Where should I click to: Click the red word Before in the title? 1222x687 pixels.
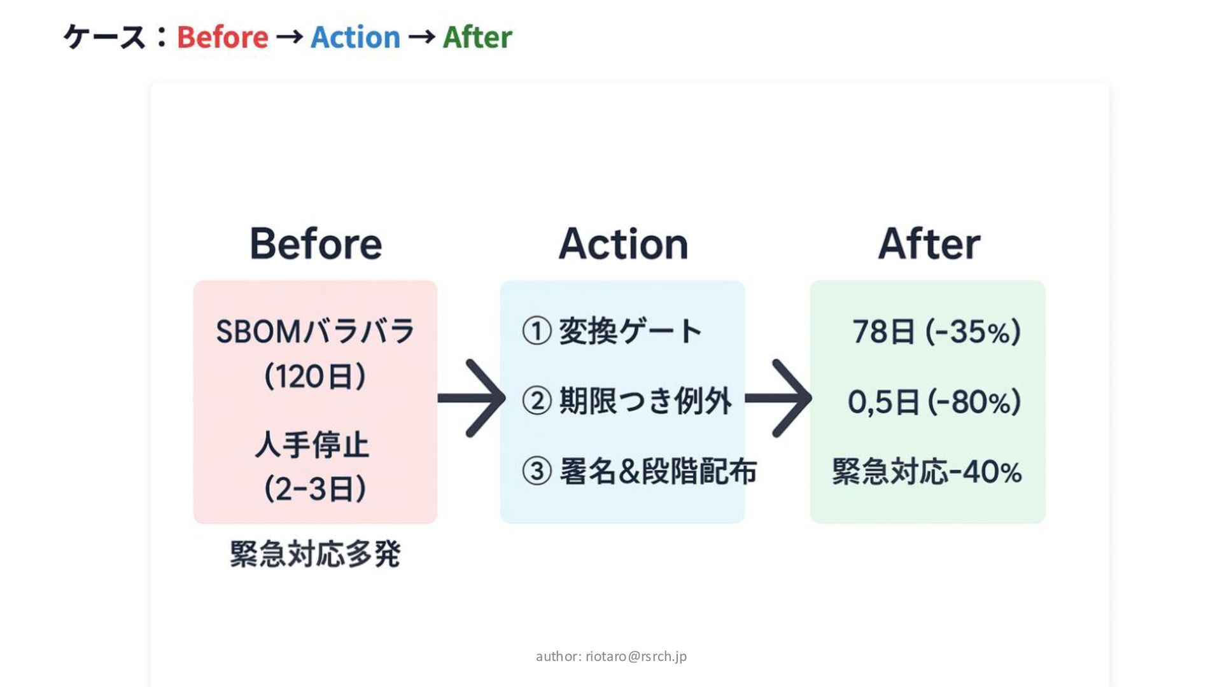point(222,37)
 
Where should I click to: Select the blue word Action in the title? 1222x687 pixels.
point(355,37)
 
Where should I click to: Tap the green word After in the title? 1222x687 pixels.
point(477,37)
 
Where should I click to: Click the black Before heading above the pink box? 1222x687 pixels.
point(316,244)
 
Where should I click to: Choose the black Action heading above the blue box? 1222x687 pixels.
point(623,244)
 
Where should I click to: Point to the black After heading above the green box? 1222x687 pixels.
point(929,244)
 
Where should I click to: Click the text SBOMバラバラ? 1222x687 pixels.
point(315,331)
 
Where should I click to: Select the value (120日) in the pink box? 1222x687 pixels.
point(315,376)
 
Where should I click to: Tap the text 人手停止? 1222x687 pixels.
point(312,444)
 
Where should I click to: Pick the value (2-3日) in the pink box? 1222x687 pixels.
point(315,489)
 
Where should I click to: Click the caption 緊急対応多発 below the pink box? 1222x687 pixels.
point(315,553)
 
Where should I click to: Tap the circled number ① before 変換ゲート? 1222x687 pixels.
point(536,331)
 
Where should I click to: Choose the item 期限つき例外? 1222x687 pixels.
point(645,401)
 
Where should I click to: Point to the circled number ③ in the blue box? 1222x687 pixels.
point(536,471)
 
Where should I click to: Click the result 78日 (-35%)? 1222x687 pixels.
point(936,331)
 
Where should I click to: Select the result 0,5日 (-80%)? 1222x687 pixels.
point(934,401)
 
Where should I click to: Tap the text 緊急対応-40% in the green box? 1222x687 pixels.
point(927,471)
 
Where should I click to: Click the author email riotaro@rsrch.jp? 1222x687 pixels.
point(636,656)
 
